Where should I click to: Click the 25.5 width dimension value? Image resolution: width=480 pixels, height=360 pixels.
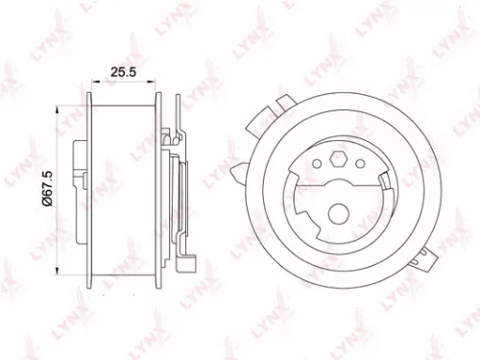pos(120,71)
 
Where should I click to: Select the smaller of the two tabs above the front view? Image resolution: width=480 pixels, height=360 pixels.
pos(283,99)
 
